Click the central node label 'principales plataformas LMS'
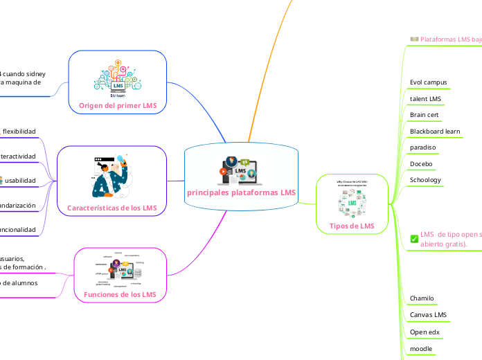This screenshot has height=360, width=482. (242, 193)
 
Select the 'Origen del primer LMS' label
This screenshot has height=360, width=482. (118, 106)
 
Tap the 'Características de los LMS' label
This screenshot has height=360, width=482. (111, 208)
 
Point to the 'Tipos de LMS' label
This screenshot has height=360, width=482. (352, 226)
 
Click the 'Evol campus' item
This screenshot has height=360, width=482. (428, 82)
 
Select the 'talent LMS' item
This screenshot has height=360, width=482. (425, 99)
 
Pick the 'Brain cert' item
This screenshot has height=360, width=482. (424, 115)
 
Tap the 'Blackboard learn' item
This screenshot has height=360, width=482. (435, 132)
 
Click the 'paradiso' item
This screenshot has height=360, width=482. (423, 147)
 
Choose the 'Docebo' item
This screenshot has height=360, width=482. (421, 164)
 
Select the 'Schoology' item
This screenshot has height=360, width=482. (425, 180)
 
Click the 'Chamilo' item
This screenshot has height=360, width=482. (422, 298)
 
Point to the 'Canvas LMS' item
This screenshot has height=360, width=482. (428, 315)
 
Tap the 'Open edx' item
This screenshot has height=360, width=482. (425, 332)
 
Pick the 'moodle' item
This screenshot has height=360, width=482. (421, 348)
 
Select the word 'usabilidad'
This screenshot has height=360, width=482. (21, 181)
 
